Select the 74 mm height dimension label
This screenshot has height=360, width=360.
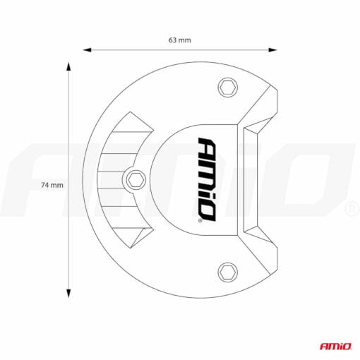(52, 185)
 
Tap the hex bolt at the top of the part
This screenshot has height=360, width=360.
(227, 87)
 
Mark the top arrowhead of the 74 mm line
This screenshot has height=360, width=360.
(69, 66)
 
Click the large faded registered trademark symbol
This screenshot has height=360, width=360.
(350, 210)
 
